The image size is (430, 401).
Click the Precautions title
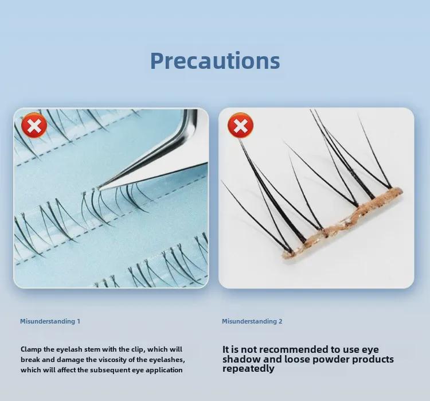coord(215,61)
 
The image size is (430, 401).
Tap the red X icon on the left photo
coord(34,125)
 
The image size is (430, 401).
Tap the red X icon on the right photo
coord(240,125)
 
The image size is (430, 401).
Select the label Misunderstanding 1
coord(50,321)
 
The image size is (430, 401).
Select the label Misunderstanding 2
coord(252,321)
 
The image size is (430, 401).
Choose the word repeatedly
coord(249,369)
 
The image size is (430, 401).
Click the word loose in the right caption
coord(298,359)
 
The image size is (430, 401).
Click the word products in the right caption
coord(369,359)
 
